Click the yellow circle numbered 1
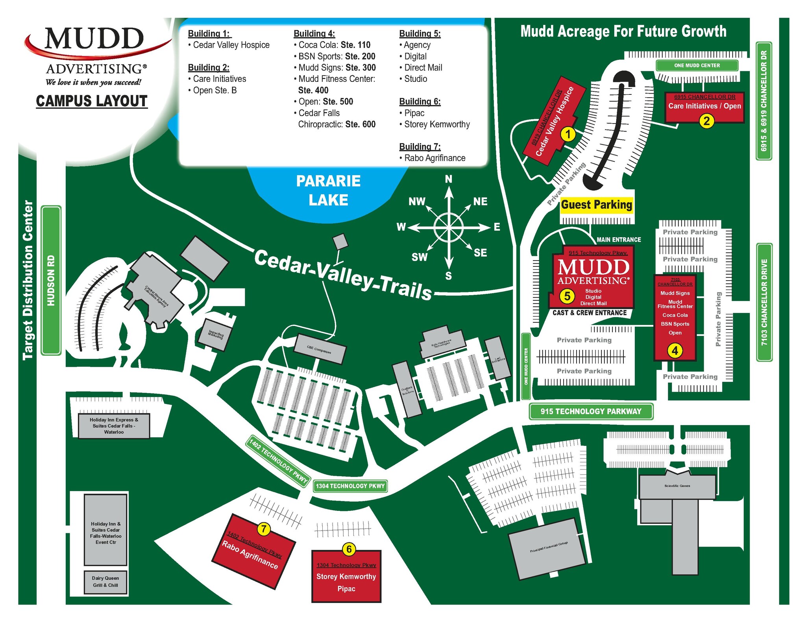pyautogui.click(x=568, y=135)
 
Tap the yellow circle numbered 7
pyautogui.click(x=264, y=529)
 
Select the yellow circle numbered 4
pyautogui.click(x=675, y=350)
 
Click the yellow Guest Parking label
pyautogui.click(x=596, y=205)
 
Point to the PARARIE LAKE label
pyautogui.click(x=328, y=190)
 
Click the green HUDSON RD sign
pyautogui.click(x=51, y=280)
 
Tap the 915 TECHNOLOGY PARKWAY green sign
pyautogui.click(x=591, y=411)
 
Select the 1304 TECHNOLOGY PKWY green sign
pyautogui.click(x=350, y=486)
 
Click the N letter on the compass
pyautogui.click(x=449, y=179)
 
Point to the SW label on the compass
pyautogui.click(x=420, y=257)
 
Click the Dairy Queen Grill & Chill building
pyautogui.click(x=105, y=582)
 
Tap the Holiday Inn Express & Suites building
pyautogui.click(x=114, y=426)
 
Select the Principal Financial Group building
pyautogui.click(x=548, y=548)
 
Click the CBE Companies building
pyautogui.click(x=320, y=349)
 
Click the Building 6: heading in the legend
pyautogui.click(x=420, y=102)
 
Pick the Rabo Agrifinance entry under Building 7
pyautogui.click(x=434, y=158)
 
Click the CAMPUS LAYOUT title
pyautogui.click(x=92, y=101)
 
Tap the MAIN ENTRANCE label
pyautogui.click(x=619, y=240)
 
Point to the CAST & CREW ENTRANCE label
pyautogui.click(x=589, y=313)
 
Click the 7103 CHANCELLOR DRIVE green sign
pyautogui.click(x=764, y=302)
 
